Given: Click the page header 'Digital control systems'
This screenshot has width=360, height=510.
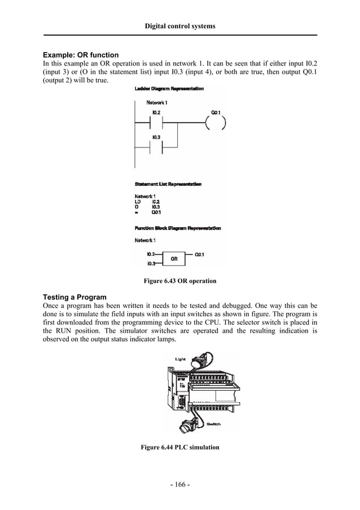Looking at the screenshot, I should (180, 26).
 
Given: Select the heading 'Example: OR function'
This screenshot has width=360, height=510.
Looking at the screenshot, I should (81, 55).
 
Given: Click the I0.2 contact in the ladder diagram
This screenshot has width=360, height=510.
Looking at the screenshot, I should (156, 123).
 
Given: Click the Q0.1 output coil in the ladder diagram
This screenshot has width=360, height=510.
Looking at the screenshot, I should (216, 123).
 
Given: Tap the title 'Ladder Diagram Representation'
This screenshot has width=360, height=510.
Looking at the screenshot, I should (169, 89).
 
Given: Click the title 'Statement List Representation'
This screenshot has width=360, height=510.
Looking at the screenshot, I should (169, 184).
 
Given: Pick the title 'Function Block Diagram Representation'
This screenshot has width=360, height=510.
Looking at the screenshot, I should (178, 228).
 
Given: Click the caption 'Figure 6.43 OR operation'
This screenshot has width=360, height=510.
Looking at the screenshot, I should (180, 281).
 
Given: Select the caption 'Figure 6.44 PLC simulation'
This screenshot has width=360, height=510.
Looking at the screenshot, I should (180, 447).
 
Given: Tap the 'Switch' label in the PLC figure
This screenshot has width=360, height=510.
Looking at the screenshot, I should (213, 424).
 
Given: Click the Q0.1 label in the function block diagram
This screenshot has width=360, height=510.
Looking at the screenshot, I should (199, 255).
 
